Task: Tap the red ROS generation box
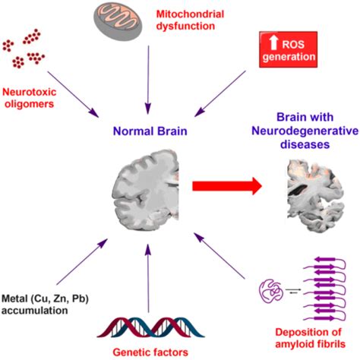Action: pyautogui.click(x=288, y=49)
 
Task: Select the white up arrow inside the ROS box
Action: pyautogui.click(x=273, y=42)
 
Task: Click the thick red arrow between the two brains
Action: pyautogui.click(x=227, y=186)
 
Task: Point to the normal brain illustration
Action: pyautogui.click(x=146, y=190)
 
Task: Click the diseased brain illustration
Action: pyautogui.click(x=315, y=196)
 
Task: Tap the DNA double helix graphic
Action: pyautogui.click(x=151, y=327)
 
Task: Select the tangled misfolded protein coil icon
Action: pyautogui.click(x=271, y=291)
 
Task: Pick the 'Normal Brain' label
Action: pyautogui.click(x=150, y=131)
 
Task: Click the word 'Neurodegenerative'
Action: pyautogui.click(x=305, y=131)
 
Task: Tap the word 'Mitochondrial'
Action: pyautogui.click(x=190, y=14)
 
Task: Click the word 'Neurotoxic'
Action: pyautogui.click(x=29, y=92)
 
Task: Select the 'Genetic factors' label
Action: pyautogui.click(x=150, y=352)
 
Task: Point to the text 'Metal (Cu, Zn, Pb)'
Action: pyautogui.click(x=45, y=298)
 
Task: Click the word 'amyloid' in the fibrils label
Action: pyautogui.click(x=294, y=344)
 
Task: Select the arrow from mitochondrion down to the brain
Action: pyautogui.click(x=148, y=80)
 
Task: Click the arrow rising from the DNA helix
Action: pyautogui.click(x=148, y=279)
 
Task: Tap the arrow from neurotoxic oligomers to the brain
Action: pyautogui.click(x=73, y=94)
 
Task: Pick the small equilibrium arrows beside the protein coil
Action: pyautogui.click(x=293, y=291)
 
